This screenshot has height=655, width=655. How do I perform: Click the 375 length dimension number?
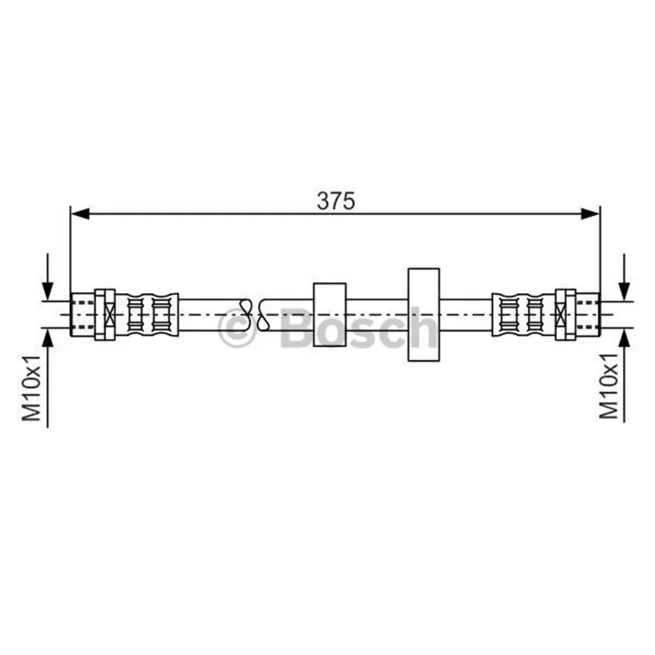pyautogui.click(x=336, y=201)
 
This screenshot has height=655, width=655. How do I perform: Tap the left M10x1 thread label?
pyautogui.click(x=32, y=388)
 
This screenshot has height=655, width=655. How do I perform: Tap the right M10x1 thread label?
pyautogui.click(x=608, y=386)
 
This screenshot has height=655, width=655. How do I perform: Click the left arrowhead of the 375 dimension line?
pyautogui.click(x=80, y=215)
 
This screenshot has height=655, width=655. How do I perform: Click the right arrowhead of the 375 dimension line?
pyautogui.click(x=589, y=215)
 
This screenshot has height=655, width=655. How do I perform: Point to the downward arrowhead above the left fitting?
pyautogui.click(x=48, y=291)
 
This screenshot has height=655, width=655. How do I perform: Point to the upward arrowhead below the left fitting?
pyautogui.click(x=48, y=338)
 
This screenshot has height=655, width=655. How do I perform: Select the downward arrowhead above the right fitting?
pyautogui.click(x=624, y=291)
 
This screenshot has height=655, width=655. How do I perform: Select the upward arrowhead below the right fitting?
pyautogui.click(x=624, y=338)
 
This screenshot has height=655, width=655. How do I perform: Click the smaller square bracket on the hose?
pyautogui.click(x=330, y=314)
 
